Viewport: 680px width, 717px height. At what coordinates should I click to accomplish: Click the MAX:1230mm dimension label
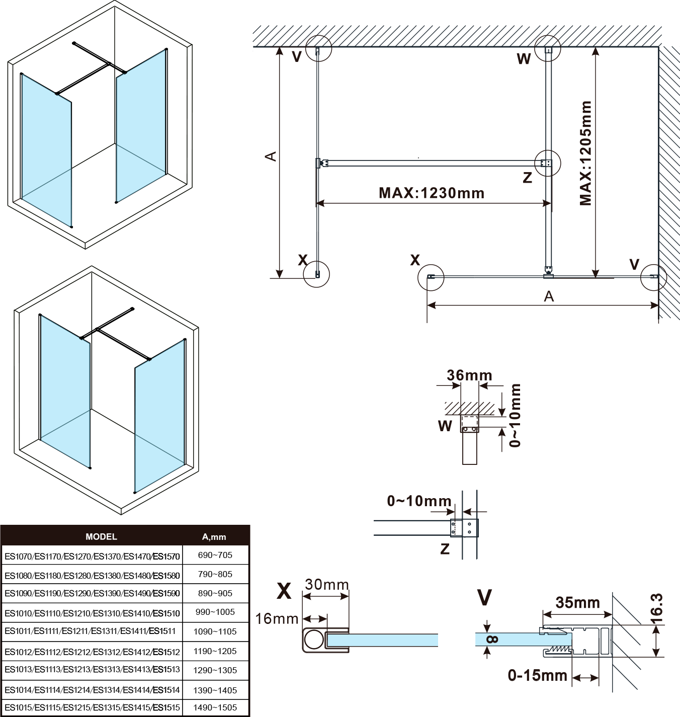432,193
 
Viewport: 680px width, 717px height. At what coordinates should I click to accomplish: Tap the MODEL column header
101,537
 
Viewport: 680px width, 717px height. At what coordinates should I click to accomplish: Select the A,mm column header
214,537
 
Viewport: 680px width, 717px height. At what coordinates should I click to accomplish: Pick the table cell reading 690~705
215,555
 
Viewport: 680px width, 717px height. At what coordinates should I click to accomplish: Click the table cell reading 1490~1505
215,707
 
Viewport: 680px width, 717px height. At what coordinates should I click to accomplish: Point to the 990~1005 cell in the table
215,612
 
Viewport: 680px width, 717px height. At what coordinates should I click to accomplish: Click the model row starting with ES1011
91,631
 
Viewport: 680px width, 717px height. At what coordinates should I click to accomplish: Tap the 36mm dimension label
469,375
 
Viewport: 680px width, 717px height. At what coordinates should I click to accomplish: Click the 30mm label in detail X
327,585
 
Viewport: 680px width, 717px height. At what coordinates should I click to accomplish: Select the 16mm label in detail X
277,618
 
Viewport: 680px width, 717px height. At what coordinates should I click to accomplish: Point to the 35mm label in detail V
577,603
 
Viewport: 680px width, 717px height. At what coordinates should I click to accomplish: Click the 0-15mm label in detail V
537,675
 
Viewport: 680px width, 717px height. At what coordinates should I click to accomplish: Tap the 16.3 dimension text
657,608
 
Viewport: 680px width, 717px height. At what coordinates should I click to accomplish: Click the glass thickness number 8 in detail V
492,640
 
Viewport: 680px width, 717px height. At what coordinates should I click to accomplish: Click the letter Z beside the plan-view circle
527,178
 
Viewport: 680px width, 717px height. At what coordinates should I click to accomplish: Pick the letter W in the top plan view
524,59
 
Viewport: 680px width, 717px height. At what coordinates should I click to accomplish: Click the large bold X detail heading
284,591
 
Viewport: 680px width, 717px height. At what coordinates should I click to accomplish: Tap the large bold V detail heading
484,598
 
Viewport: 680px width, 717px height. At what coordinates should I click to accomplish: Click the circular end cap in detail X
314,640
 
